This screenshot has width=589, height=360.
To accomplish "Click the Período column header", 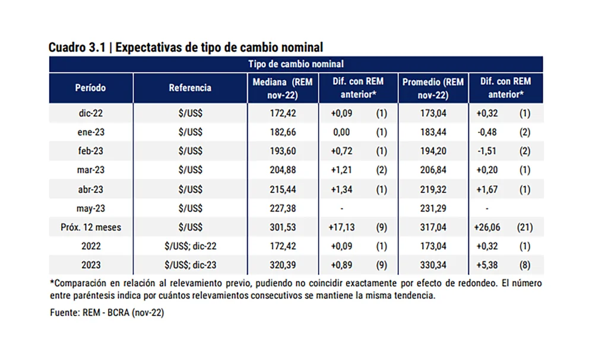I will (x=90, y=88).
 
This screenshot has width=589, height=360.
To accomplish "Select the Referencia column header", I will (x=190, y=88).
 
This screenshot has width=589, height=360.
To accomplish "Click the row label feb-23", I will (x=90, y=151).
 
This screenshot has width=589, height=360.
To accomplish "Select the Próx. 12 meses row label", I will (x=90, y=227).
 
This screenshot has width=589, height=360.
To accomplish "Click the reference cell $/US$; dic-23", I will (x=190, y=265).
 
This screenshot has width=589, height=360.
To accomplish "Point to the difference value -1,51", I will (x=487, y=151).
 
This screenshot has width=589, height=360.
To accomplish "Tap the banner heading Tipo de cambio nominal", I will (x=294, y=64).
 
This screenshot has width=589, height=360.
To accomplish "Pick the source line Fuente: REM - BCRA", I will (x=107, y=313).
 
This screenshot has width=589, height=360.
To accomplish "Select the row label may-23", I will (x=90, y=208).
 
